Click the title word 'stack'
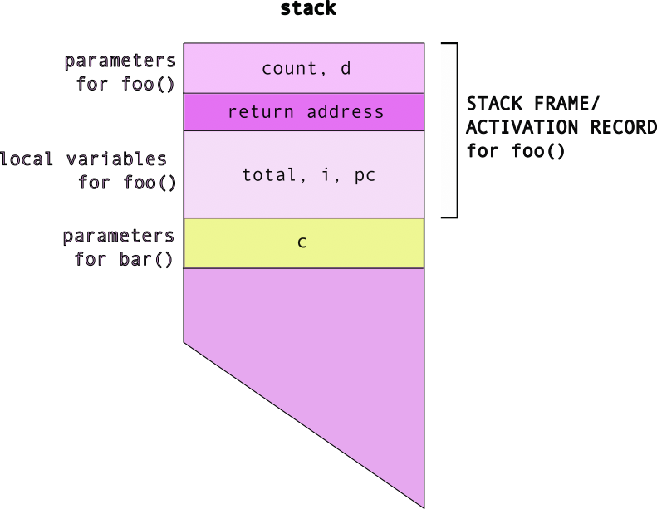tap(308, 8)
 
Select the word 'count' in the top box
tap(289, 69)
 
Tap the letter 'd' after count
tap(346, 68)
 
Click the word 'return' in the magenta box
tap(261, 112)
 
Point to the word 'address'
tap(346, 112)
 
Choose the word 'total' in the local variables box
tap(269, 174)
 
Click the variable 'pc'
tap(365, 176)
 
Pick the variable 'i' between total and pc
tap(326, 174)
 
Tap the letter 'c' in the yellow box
tap(302, 242)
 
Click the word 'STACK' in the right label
tap(494, 104)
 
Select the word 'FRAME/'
tap(567, 104)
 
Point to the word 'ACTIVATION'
tap(522, 127)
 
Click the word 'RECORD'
tap(624, 127)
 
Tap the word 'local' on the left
tap(27, 159)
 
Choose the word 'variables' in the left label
tap(116, 159)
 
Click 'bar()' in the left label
tap(146, 259)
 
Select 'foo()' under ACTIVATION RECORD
tap(538, 151)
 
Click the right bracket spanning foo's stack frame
tap(457, 130)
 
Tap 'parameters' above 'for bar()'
tap(119, 237)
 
